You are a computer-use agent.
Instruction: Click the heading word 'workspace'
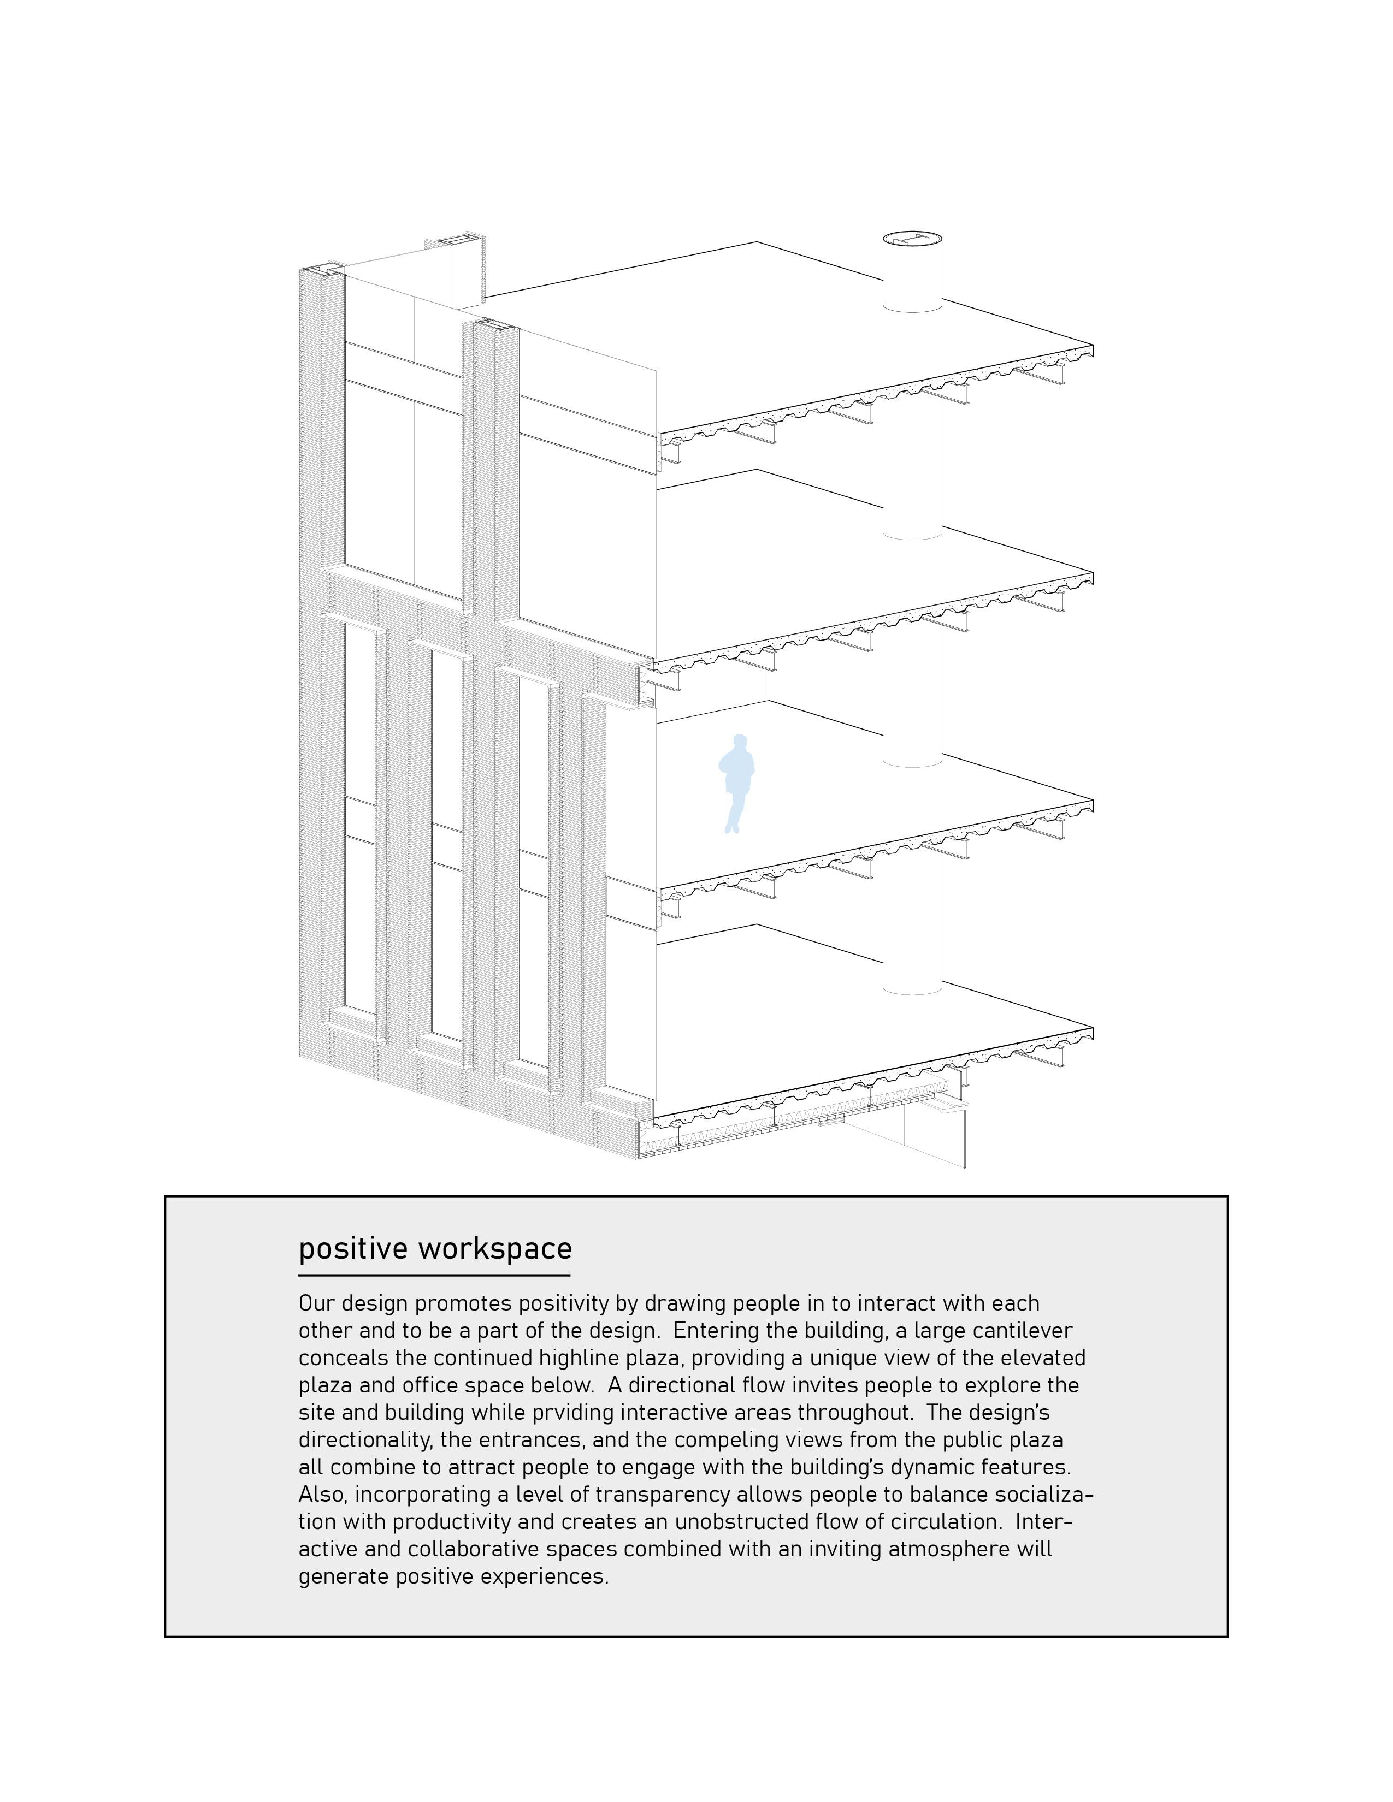[x=494, y=1248]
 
